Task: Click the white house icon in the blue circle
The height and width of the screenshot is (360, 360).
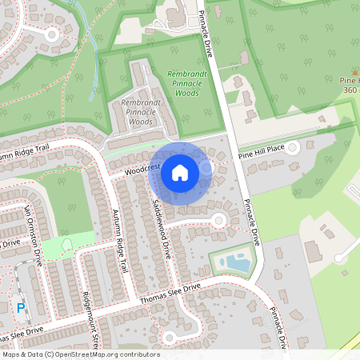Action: click(179, 172)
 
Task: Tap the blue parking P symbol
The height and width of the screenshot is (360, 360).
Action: click(21, 307)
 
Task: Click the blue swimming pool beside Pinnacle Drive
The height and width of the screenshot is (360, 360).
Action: click(238, 262)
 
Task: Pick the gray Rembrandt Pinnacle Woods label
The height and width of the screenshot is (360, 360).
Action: click(140, 112)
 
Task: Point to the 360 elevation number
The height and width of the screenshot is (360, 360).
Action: click(350, 90)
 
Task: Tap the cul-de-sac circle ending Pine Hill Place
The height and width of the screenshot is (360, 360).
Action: click(293, 147)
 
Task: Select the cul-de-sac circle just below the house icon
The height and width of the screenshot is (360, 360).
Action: click(218, 220)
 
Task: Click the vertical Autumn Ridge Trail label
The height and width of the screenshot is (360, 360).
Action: click(120, 240)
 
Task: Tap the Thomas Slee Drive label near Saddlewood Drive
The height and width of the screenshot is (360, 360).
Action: click(170, 294)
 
